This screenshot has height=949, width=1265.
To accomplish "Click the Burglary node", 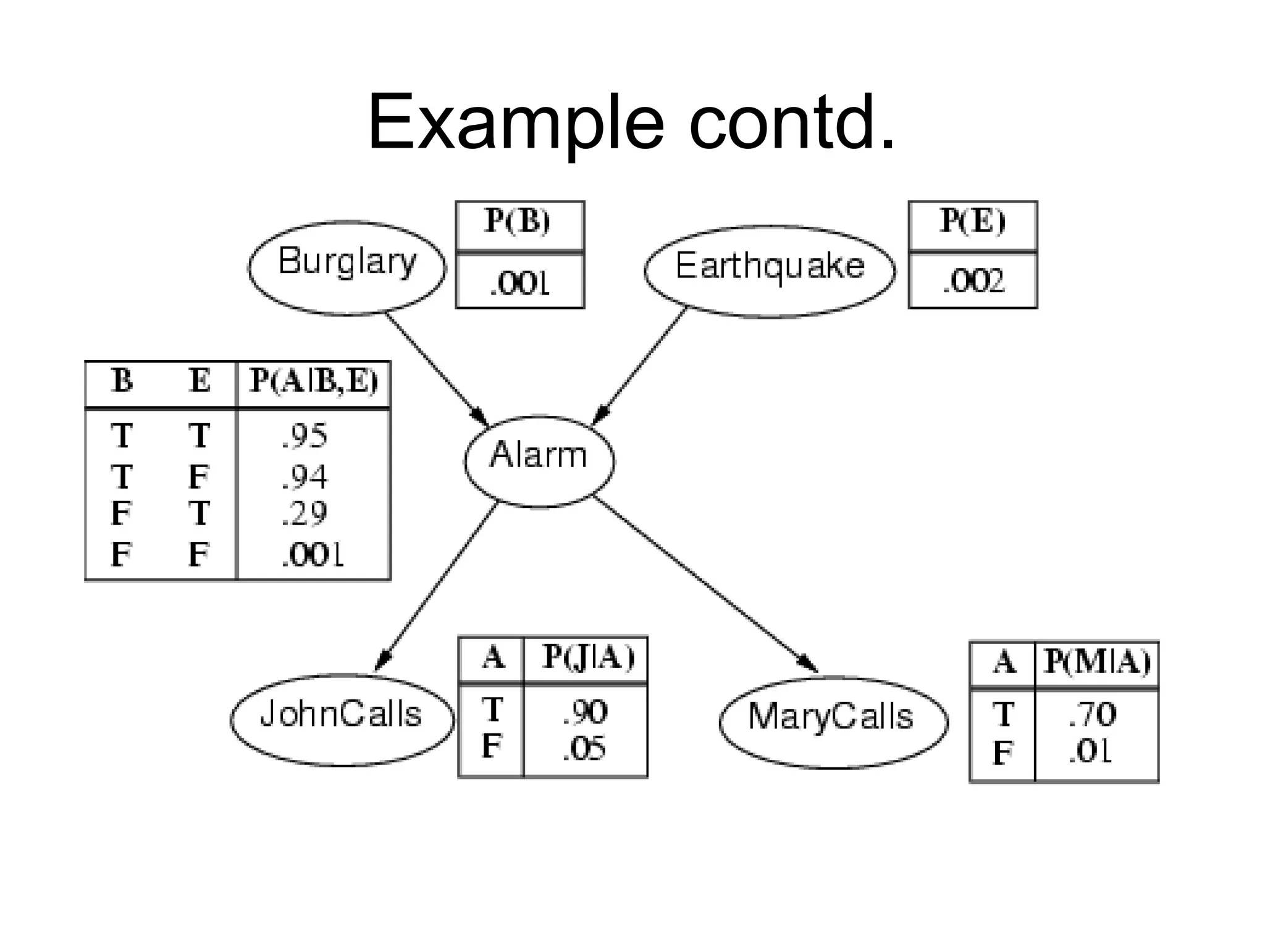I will click(347, 267).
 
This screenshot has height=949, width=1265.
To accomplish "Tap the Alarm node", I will click(539, 461).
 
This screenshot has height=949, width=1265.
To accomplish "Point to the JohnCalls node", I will click(342, 719).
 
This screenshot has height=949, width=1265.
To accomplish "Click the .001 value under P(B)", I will click(519, 283).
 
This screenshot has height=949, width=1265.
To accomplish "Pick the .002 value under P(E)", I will click(973, 281).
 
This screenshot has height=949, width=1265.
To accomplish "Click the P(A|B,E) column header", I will click(313, 381).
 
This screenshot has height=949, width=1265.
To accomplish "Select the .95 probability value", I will click(304, 436).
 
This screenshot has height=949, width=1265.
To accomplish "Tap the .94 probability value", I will click(304, 476).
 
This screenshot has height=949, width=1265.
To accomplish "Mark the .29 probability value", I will click(304, 514).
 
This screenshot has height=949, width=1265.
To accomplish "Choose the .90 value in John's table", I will click(585, 712).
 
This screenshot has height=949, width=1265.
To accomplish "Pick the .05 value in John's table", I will click(584, 749).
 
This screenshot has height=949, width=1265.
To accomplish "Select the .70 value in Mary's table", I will click(1092, 715).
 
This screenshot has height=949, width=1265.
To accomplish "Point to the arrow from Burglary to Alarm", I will click(436, 369).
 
